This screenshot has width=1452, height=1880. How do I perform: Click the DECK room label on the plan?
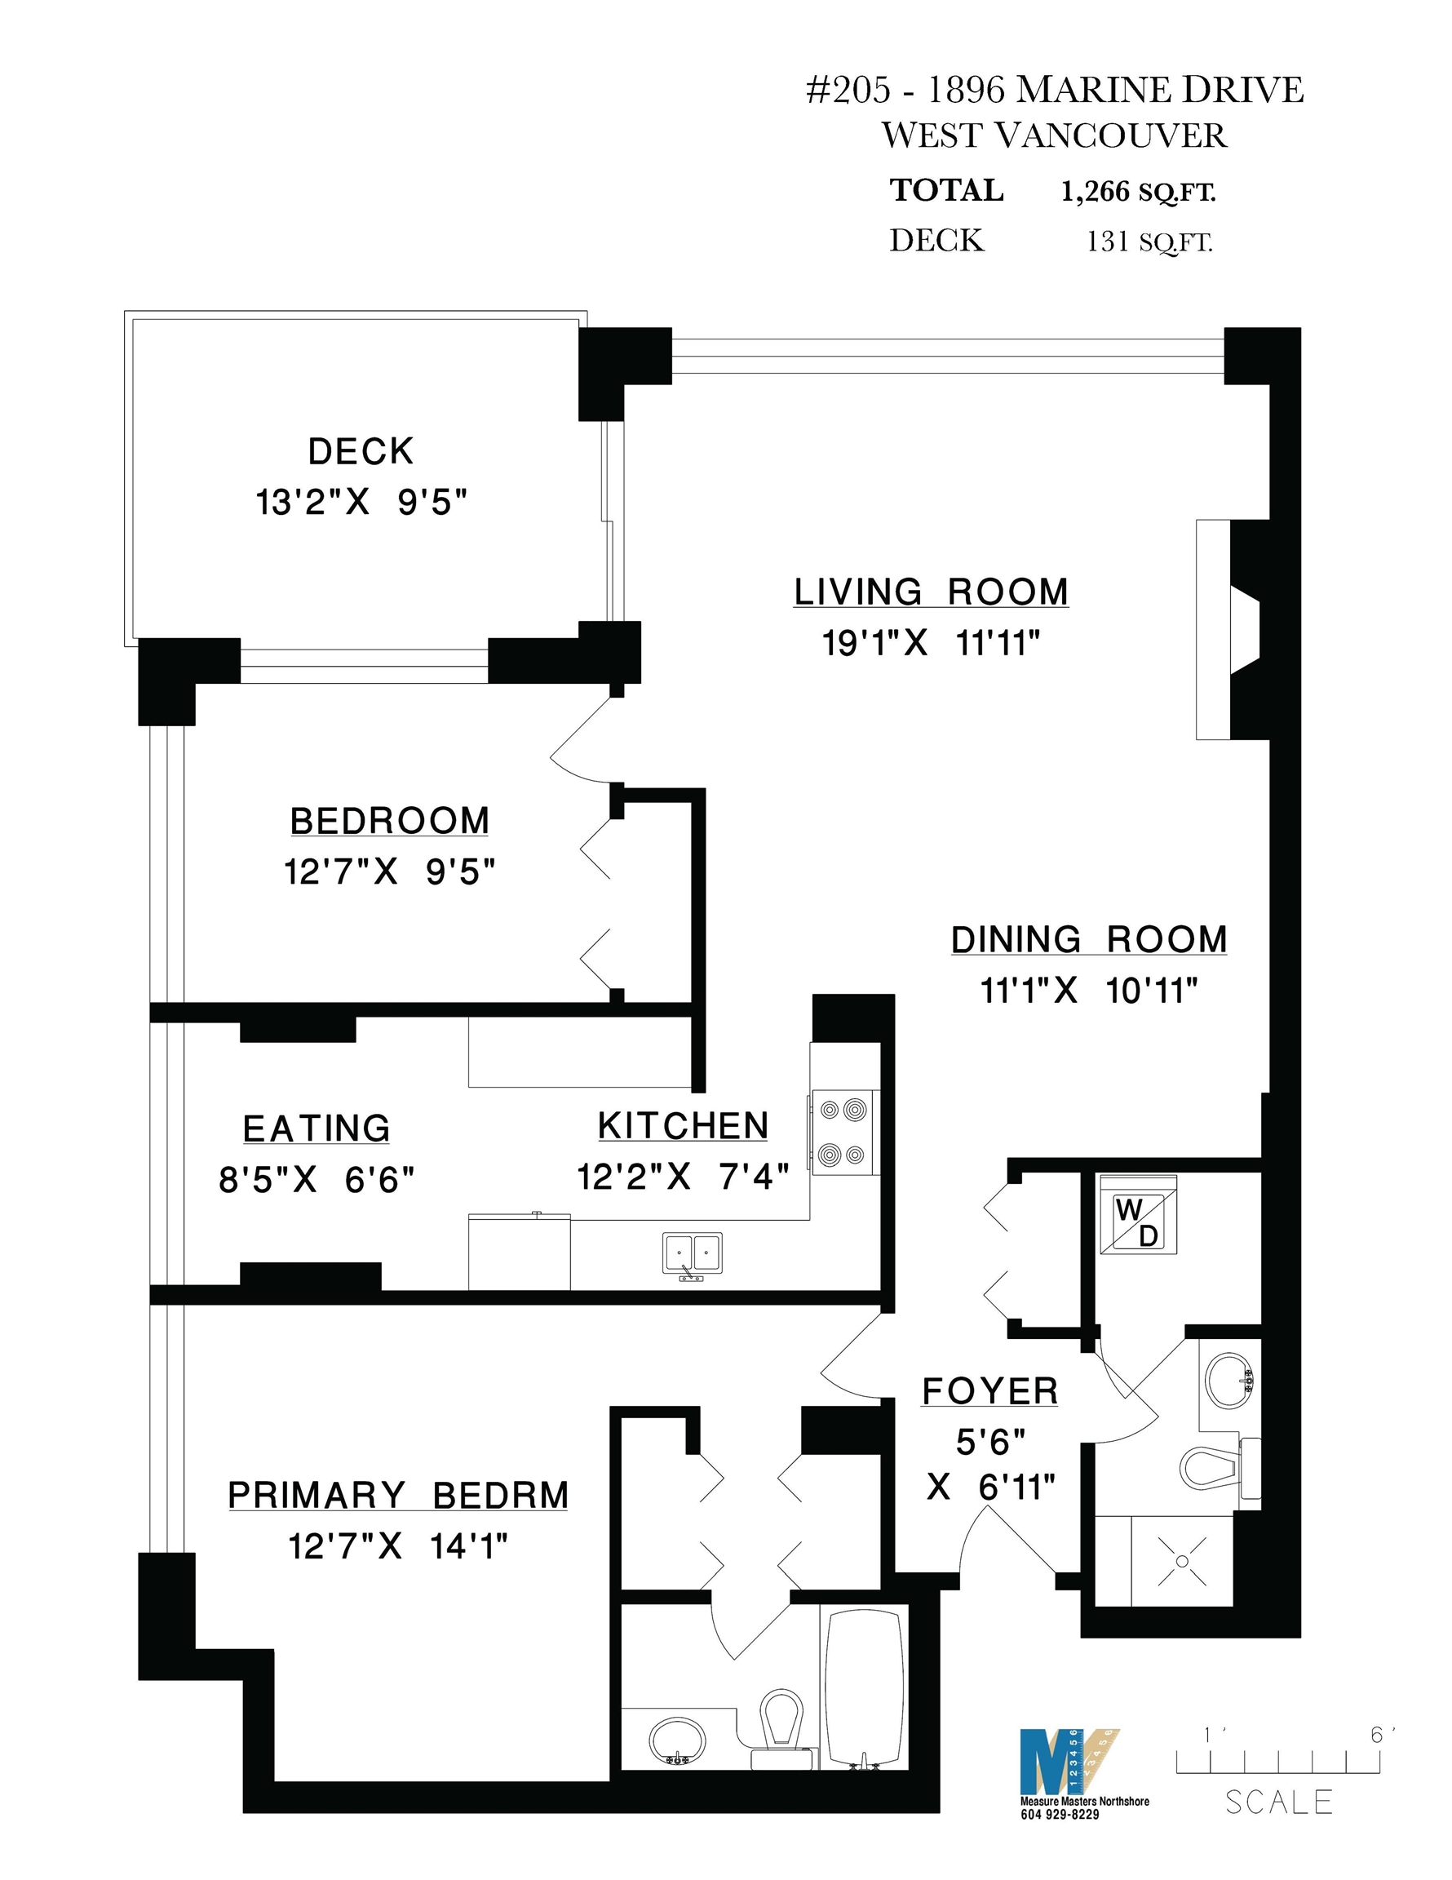click(x=361, y=451)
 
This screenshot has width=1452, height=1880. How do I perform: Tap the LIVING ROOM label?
click(x=932, y=592)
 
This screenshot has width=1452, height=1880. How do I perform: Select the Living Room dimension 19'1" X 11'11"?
click(x=932, y=642)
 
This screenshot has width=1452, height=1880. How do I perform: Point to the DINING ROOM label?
click(x=1089, y=939)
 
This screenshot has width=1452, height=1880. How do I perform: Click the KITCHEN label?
click(x=684, y=1126)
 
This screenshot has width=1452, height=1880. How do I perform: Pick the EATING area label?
click(x=317, y=1128)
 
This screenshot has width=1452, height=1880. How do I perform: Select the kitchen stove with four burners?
click(x=843, y=1132)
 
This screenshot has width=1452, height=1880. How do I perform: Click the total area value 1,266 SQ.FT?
click(x=1138, y=191)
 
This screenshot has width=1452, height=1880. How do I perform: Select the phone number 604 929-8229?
click(x=1060, y=1815)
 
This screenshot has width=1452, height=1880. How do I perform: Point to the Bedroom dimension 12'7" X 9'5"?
click(x=390, y=872)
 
